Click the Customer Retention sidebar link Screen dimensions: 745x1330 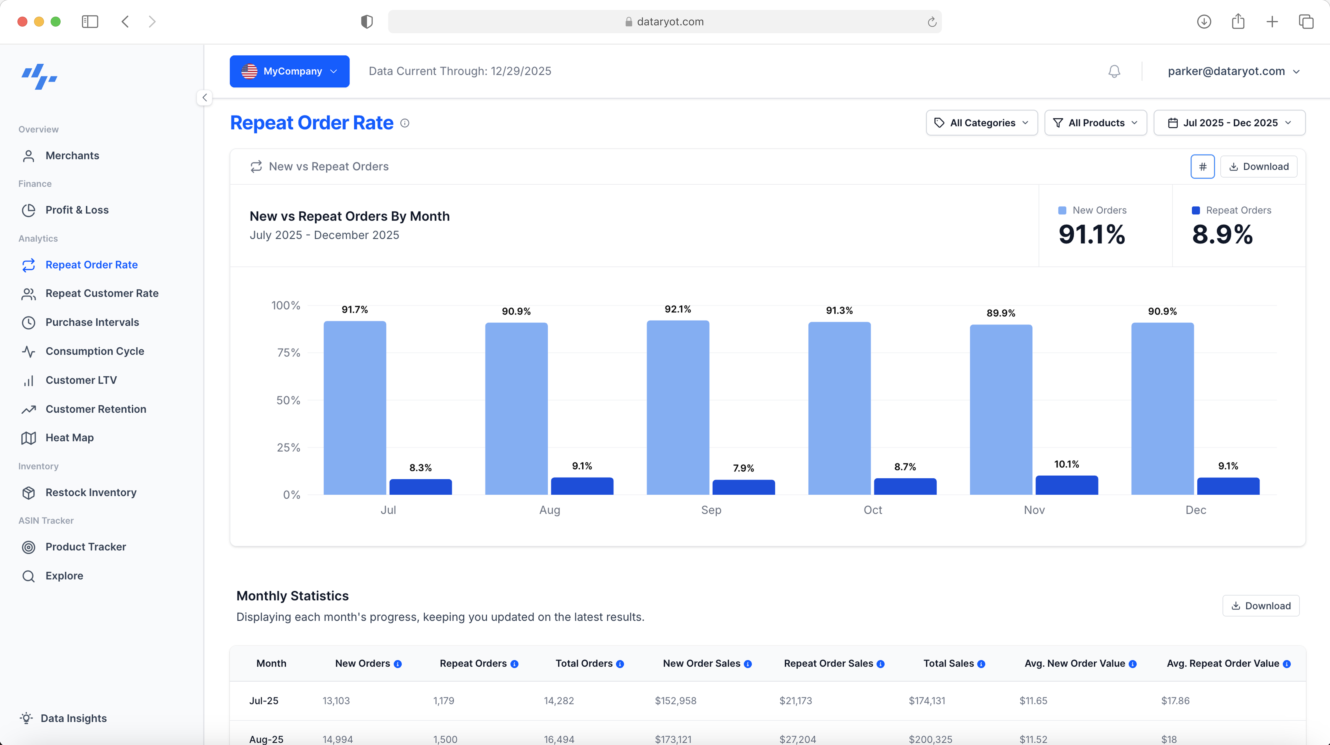[x=95, y=409]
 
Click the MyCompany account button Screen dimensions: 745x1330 [x=289, y=71]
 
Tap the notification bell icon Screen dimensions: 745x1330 [x=1114, y=71]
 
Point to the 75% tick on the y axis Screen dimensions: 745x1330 [x=288, y=353]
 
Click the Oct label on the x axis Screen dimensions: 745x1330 [x=873, y=510]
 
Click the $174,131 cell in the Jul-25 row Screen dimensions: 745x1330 [x=927, y=701]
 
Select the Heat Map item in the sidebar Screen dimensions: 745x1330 [x=69, y=438]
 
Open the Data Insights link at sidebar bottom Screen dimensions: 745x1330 [x=73, y=718]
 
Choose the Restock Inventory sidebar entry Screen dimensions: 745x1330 [x=91, y=492]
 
